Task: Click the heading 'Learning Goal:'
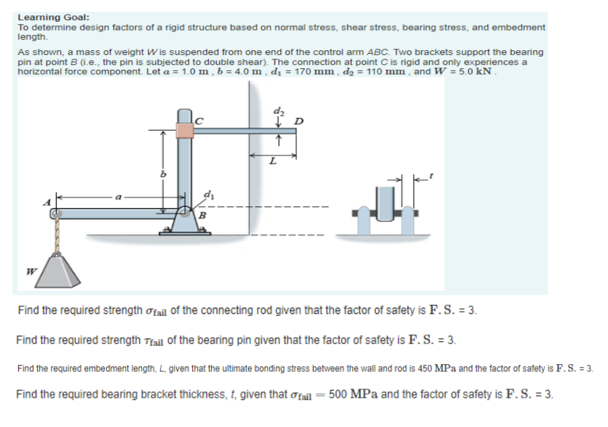53,17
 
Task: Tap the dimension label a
120,198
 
